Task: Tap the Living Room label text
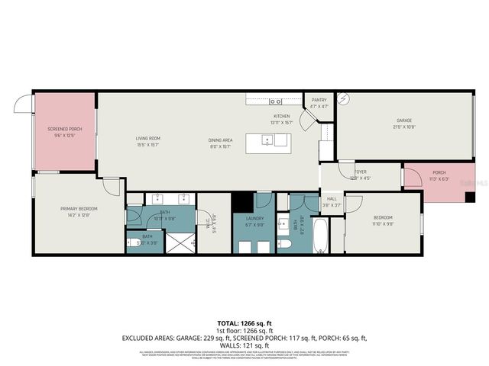[x=147, y=138]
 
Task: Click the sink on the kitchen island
[x=267, y=140]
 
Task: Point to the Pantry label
[x=319, y=99]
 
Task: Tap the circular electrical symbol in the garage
[x=344, y=98]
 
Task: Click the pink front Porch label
[x=439, y=172]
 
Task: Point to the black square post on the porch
[x=469, y=197]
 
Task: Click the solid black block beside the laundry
[x=242, y=202]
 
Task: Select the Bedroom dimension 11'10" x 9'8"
[x=382, y=224]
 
